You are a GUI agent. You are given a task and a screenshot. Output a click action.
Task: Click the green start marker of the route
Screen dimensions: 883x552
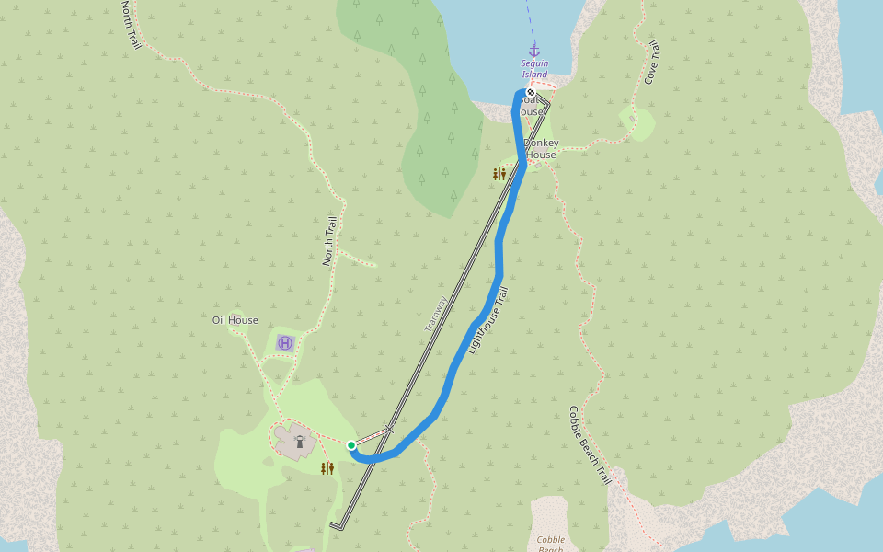(x=351, y=445)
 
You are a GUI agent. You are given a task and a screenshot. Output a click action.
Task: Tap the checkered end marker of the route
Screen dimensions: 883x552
(x=531, y=92)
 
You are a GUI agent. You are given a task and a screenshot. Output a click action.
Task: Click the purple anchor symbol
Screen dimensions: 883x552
(x=533, y=50)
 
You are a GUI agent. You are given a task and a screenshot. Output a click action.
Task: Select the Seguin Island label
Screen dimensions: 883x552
(x=534, y=69)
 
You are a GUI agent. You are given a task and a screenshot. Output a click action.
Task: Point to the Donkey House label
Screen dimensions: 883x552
(x=541, y=149)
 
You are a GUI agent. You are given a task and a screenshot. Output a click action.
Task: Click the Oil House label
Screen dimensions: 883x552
(x=235, y=320)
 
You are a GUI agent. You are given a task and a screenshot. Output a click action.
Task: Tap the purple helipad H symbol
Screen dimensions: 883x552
(x=285, y=343)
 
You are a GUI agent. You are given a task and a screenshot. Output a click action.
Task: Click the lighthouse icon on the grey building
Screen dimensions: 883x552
(x=299, y=441)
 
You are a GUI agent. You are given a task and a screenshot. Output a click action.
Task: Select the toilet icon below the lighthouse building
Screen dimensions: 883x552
(x=327, y=468)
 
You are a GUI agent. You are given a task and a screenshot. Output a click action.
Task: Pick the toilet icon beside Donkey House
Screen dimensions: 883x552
(x=499, y=173)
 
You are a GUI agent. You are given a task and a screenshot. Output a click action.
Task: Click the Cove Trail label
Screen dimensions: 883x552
(x=652, y=63)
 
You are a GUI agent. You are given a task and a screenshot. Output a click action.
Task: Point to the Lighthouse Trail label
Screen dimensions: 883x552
(x=487, y=321)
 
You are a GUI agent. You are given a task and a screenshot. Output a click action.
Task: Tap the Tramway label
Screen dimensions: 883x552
(x=436, y=314)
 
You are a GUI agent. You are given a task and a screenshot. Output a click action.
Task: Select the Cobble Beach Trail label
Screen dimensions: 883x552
(x=590, y=446)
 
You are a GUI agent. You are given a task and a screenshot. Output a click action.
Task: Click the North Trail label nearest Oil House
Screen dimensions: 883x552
(x=330, y=241)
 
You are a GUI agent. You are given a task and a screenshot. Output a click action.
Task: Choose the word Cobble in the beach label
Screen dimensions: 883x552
(x=551, y=538)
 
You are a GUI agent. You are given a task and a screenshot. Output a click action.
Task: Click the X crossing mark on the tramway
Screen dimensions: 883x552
(x=389, y=429)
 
